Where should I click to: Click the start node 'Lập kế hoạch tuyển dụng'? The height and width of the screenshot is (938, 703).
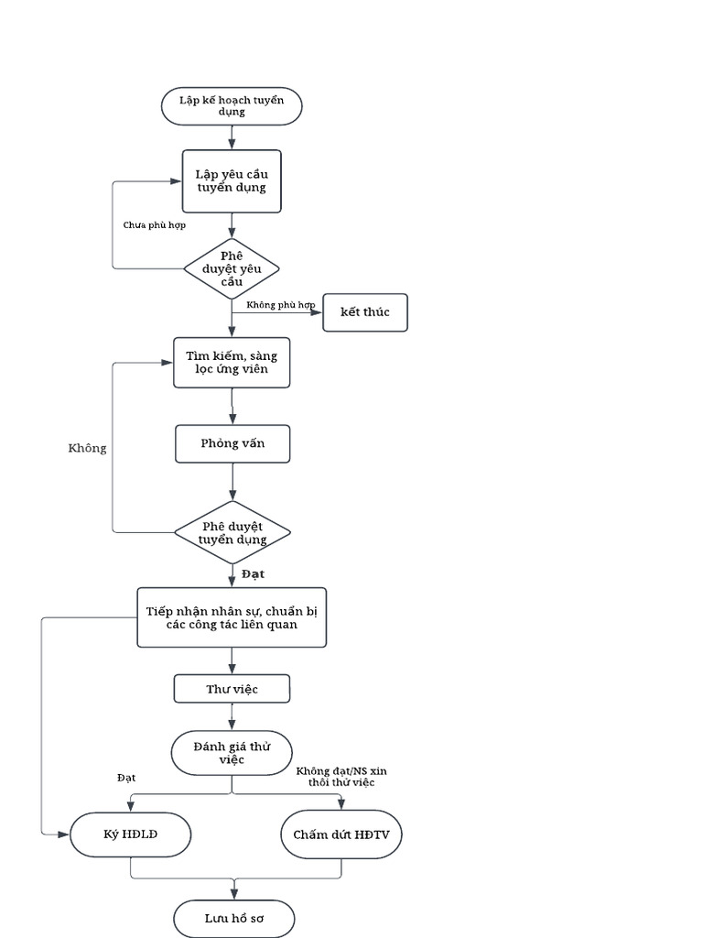coord(232,106)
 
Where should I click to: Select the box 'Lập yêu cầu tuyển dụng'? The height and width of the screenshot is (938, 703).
coord(232,181)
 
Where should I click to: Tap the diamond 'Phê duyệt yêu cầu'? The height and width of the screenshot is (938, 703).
coord(232,268)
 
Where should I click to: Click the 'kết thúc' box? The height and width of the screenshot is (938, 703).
coord(365,312)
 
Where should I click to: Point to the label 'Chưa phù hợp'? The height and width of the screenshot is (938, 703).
coord(155,224)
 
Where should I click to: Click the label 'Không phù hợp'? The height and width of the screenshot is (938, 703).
coord(281,304)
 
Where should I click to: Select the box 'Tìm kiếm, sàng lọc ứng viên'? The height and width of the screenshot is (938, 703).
coord(232,362)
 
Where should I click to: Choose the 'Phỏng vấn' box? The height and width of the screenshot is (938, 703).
coord(233,444)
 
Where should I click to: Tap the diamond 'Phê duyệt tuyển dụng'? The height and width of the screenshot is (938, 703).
coord(233,532)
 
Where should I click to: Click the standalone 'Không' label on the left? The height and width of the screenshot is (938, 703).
coord(87,449)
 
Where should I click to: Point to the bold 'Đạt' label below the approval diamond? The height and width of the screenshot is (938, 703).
coord(254,574)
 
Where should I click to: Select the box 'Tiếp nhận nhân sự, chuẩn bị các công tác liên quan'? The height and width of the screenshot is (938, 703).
coord(232,617)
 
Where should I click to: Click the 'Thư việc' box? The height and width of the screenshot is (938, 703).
coord(233,689)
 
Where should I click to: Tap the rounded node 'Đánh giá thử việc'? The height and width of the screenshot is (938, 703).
coord(232,753)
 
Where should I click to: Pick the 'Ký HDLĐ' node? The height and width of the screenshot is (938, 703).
coord(131,834)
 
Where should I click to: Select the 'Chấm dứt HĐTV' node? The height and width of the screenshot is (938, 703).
coord(341,834)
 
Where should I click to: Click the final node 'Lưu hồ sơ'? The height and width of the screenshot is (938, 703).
coord(234,918)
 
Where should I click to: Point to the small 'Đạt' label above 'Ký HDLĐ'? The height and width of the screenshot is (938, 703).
coord(126,778)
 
